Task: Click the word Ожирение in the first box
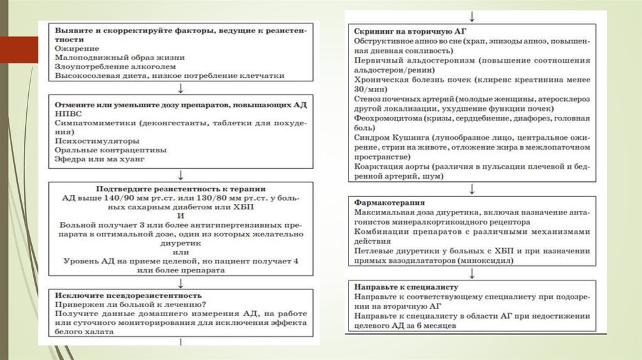click(76, 48)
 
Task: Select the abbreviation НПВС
click(68, 114)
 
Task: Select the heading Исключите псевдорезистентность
click(128, 295)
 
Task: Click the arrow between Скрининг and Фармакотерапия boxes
click(471, 188)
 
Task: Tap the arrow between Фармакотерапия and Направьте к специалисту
click(471, 273)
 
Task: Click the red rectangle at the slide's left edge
click(19, 50)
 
